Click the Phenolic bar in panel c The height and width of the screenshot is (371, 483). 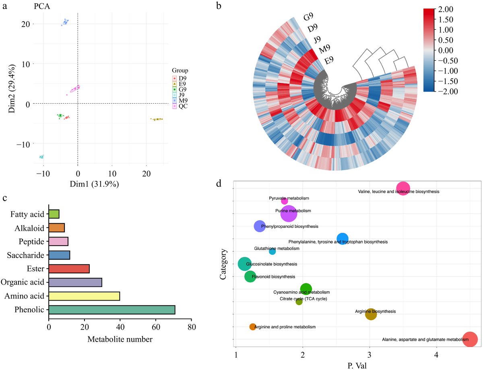pyautogui.click(x=111, y=310)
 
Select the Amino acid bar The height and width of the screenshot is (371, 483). pyautogui.click(x=84, y=296)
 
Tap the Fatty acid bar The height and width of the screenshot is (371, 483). pyautogui.click(x=54, y=214)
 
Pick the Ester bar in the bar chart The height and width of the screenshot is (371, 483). pyautogui.click(x=69, y=269)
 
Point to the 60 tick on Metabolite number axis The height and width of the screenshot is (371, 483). pyautogui.click(x=156, y=328)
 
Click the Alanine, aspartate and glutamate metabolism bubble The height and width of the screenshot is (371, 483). pyautogui.click(x=470, y=339)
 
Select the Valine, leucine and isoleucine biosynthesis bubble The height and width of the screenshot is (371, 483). pyautogui.click(x=403, y=188)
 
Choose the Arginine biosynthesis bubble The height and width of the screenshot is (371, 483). pyautogui.click(x=371, y=314)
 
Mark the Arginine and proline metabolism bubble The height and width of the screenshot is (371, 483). pyautogui.click(x=252, y=327)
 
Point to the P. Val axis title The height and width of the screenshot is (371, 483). pyautogui.click(x=356, y=365)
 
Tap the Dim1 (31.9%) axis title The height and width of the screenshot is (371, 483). pyautogui.click(x=100, y=184)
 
